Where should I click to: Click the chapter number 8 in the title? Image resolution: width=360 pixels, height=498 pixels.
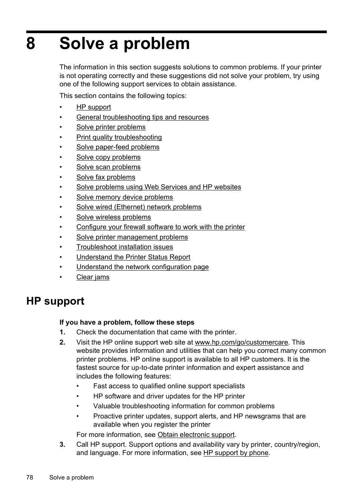click(31, 44)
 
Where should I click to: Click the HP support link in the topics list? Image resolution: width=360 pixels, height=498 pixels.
click(94, 107)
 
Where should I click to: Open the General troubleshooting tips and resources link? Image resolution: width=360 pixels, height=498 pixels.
click(142, 117)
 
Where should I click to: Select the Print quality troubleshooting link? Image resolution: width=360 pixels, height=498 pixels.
click(119, 137)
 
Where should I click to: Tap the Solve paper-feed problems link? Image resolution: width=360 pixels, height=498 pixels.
click(118, 147)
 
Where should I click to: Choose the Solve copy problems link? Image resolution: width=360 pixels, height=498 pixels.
click(108, 157)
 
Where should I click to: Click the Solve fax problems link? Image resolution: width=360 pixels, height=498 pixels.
click(106, 177)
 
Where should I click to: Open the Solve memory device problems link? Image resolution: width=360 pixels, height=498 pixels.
click(125, 197)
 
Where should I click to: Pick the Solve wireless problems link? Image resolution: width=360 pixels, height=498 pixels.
click(113, 217)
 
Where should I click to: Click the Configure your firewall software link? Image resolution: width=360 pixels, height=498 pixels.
click(160, 227)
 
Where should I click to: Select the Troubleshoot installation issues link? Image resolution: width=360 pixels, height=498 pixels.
click(125, 247)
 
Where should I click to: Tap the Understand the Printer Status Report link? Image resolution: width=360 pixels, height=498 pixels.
click(133, 257)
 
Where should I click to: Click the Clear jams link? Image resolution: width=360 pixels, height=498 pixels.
click(93, 277)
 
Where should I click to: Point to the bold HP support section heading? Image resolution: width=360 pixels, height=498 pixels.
click(55, 301)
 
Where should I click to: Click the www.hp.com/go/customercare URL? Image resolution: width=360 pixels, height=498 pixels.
click(241, 342)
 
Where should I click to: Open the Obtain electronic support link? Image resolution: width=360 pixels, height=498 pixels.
click(196, 435)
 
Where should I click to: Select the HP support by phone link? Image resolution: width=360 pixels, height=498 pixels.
click(235, 453)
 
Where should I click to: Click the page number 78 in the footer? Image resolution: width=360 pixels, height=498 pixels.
click(30, 477)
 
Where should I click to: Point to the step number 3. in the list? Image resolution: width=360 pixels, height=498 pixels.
click(62, 444)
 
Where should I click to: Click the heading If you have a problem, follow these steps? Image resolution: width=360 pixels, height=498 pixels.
click(127, 322)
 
